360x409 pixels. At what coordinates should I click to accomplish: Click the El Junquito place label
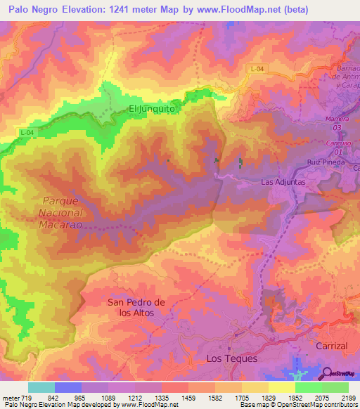click(x=151, y=109)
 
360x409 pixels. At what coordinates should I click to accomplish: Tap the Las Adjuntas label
click(x=283, y=181)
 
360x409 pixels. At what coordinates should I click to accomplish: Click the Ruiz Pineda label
click(x=324, y=162)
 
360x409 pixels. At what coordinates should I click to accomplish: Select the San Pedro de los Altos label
click(x=136, y=307)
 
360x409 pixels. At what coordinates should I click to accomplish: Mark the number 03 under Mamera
click(x=337, y=128)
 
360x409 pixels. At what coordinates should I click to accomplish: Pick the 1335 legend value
click(x=162, y=398)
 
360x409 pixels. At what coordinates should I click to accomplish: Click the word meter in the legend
click(x=10, y=398)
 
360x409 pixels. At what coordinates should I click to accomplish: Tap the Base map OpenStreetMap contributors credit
click(x=298, y=405)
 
